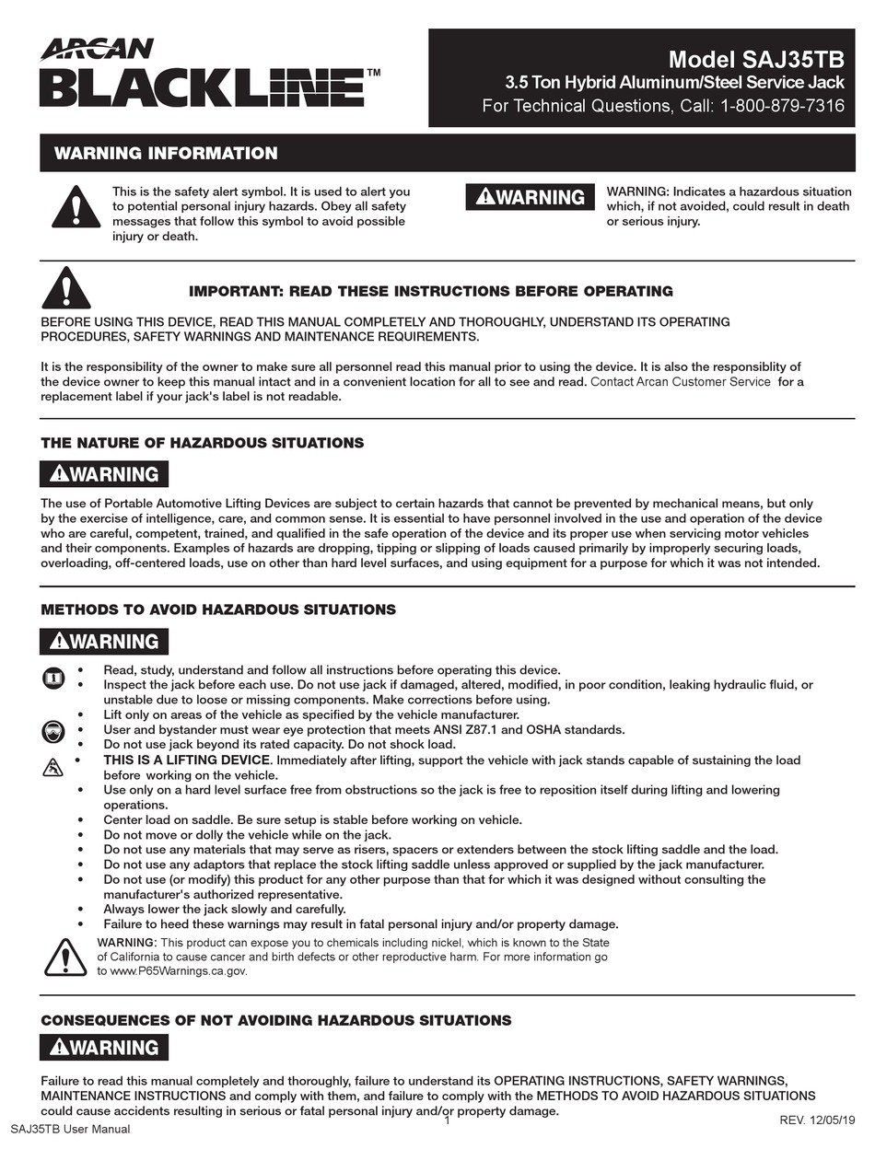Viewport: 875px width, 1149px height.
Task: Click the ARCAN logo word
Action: coord(97,49)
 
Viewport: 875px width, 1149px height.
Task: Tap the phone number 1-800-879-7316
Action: coord(783,106)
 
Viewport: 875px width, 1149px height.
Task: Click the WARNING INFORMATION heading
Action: coord(166,154)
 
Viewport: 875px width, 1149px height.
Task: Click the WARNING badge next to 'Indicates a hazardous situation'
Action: coord(531,197)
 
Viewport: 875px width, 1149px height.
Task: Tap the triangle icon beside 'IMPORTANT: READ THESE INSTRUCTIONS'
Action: coord(66,288)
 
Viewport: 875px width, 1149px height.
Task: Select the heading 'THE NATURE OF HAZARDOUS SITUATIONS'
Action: coord(202,443)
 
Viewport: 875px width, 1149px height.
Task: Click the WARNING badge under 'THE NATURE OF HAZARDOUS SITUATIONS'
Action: coord(104,474)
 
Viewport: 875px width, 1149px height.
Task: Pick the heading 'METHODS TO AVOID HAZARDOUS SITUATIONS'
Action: coord(218,609)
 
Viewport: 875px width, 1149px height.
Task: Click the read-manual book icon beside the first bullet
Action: coord(53,679)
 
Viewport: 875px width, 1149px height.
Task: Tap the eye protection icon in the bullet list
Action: coord(53,732)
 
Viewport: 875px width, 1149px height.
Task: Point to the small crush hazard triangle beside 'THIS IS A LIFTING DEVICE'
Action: coord(53,767)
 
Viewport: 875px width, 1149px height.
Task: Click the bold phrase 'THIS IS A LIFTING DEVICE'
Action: coord(187,760)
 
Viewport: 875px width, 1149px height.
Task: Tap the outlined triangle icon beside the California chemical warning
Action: coord(65,957)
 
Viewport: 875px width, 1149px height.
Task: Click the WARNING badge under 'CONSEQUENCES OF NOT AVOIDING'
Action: coord(104,1048)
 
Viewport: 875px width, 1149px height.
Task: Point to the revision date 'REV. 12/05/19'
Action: coord(818,1120)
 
